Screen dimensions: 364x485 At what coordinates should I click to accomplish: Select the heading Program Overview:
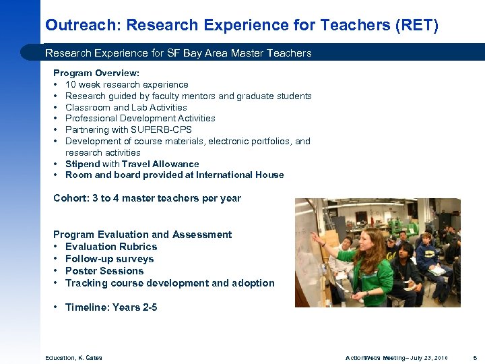(x=96, y=73)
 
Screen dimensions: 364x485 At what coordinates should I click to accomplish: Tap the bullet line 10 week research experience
(x=127, y=85)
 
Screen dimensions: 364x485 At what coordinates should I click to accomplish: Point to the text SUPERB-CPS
(x=161, y=129)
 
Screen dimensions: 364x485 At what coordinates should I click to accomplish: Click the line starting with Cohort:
(x=147, y=198)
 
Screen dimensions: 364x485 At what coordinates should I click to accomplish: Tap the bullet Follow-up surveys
(x=109, y=259)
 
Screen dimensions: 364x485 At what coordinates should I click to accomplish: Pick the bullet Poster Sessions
(x=104, y=271)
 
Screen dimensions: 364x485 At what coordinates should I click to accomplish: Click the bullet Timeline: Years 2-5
(x=111, y=307)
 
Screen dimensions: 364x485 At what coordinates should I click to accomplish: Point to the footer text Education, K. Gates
(x=73, y=357)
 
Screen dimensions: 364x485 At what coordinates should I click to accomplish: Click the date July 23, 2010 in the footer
(x=428, y=357)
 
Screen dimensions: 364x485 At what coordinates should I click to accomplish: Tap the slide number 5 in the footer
(x=475, y=357)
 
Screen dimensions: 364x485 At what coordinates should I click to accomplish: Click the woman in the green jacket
(x=367, y=263)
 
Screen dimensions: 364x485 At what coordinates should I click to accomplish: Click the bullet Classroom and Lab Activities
(x=126, y=107)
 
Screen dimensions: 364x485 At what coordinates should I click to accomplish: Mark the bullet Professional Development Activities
(x=140, y=119)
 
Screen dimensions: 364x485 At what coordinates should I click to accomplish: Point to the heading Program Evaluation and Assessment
(x=142, y=235)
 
